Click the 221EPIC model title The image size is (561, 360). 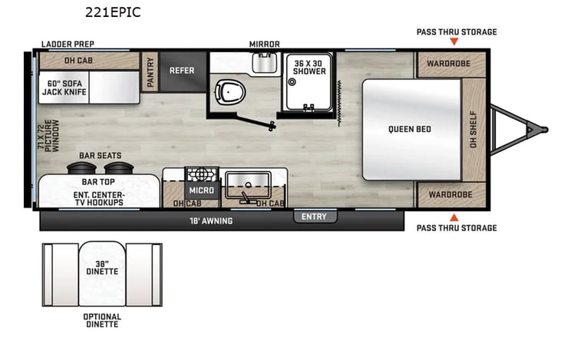tap(113, 12)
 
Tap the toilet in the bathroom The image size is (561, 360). tap(230, 92)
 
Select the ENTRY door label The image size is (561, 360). tap(314, 216)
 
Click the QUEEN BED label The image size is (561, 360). tap(410, 129)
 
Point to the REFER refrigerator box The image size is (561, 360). tap(183, 72)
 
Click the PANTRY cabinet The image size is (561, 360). tap(150, 72)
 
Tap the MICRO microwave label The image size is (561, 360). tap(202, 190)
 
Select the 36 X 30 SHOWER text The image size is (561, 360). tap(309, 68)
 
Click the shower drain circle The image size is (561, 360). tap(292, 82)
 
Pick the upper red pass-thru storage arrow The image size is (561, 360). tap(454, 41)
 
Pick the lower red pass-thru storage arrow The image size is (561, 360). tap(454, 217)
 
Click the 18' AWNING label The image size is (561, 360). tap(211, 221)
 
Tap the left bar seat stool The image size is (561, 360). tap(81, 168)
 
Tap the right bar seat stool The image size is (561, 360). tap(119, 168)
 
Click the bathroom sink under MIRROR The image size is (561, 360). tap(265, 63)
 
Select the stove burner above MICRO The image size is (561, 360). tap(201, 175)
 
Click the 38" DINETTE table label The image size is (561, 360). tap(102, 268)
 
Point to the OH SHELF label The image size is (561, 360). tap(473, 129)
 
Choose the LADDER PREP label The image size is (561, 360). tap(68, 44)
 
